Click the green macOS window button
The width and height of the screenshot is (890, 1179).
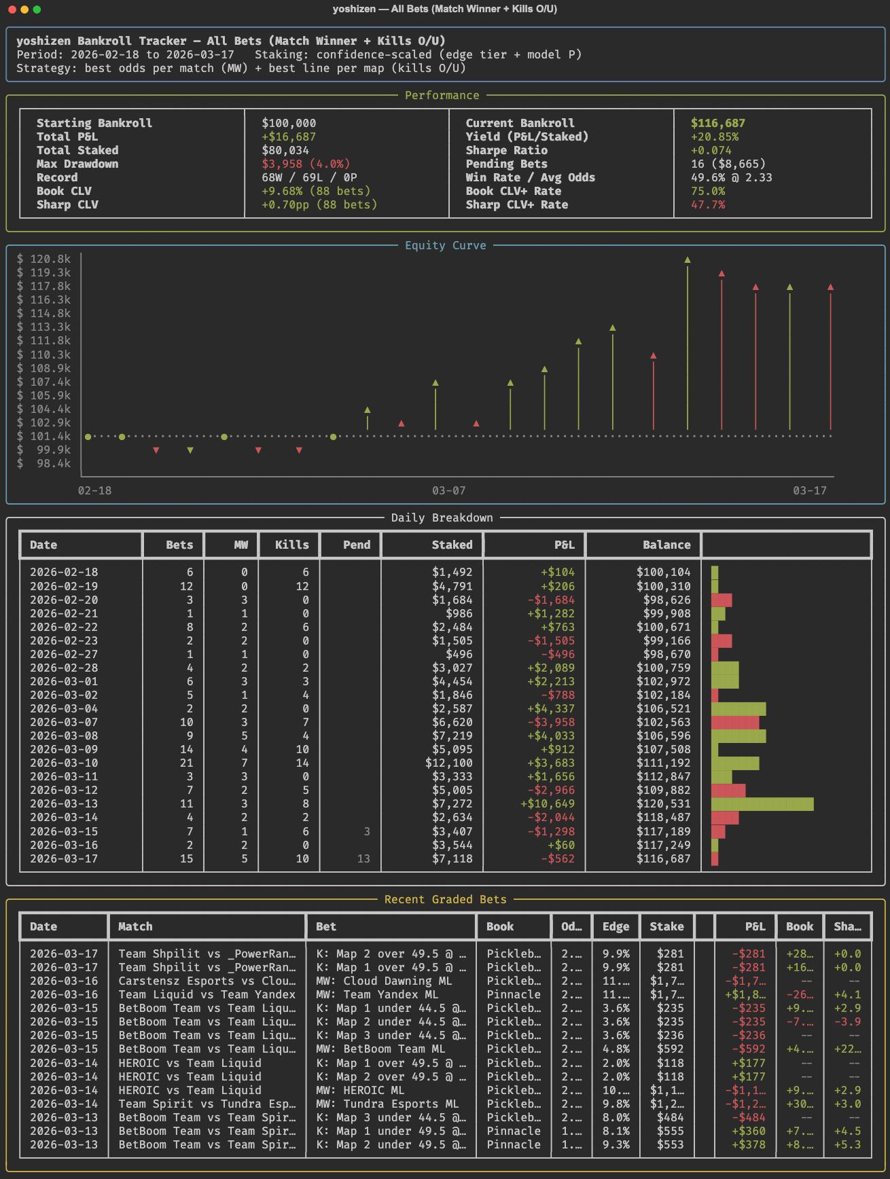pos(37,10)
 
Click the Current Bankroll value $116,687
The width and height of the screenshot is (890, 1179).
pos(717,123)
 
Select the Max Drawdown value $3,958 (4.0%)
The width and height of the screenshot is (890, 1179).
pos(306,164)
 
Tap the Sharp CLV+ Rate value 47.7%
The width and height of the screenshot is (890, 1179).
pos(707,204)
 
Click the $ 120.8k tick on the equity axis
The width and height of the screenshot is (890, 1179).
pos(43,259)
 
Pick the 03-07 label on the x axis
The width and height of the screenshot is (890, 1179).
pos(448,490)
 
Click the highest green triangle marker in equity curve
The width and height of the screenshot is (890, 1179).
pos(688,260)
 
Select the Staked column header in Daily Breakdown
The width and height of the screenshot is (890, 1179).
pos(452,545)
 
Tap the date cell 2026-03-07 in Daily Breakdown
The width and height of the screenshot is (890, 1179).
pos(64,722)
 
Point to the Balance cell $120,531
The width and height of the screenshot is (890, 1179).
pos(663,804)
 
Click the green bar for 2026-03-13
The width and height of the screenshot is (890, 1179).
pos(762,804)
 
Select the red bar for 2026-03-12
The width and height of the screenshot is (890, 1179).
pos(728,791)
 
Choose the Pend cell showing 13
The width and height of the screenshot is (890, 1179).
pos(363,858)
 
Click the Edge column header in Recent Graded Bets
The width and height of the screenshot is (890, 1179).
pos(616,926)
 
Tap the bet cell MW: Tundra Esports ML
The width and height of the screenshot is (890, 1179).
pos(387,1104)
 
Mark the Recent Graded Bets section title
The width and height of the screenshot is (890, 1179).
pos(445,899)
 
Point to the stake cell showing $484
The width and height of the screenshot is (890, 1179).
pos(670,1117)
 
